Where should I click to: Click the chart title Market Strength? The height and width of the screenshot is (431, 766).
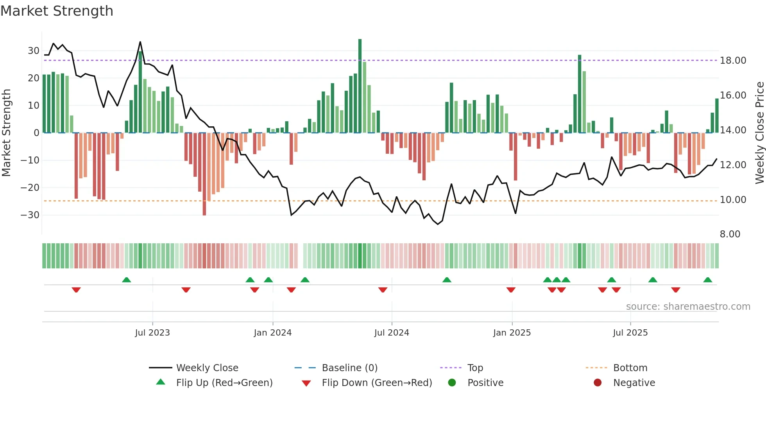(x=57, y=11)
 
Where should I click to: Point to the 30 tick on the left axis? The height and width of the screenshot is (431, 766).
(x=33, y=51)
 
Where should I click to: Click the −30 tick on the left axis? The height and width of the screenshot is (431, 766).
(x=30, y=215)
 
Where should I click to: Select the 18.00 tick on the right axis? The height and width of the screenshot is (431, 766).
(x=733, y=61)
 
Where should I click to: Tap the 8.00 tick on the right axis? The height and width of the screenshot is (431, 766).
(x=730, y=234)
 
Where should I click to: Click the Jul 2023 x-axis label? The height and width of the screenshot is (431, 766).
(x=152, y=333)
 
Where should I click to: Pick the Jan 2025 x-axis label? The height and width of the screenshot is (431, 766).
(x=512, y=333)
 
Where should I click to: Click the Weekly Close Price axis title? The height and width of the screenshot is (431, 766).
(x=759, y=133)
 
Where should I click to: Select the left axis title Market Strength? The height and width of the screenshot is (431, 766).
(x=7, y=133)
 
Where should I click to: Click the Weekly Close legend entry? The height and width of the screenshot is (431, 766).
(x=207, y=368)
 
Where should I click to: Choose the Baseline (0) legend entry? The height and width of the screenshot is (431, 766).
(x=349, y=368)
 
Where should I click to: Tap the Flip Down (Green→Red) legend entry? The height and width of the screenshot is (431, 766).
(x=376, y=383)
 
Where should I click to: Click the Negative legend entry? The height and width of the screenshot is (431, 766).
(x=634, y=383)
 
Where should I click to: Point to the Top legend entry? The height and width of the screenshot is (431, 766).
(x=475, y=368)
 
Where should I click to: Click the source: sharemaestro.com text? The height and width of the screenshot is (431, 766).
(x=688, y=307)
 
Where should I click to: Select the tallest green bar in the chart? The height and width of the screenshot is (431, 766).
(x=360, y=86)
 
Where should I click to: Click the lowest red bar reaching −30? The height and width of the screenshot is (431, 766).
(x=204, y=174)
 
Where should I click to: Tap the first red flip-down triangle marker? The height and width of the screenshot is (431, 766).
(x=76, y=290)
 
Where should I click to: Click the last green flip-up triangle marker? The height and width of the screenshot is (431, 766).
(x=707, y=280)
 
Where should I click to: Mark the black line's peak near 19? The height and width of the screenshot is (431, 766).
(x=140, y=42)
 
